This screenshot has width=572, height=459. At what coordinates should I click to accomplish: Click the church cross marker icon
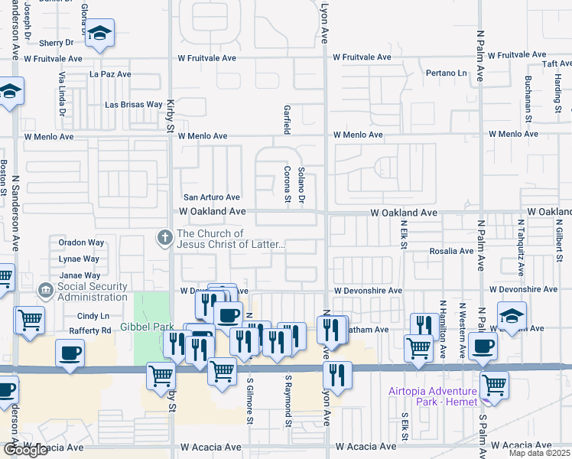click(163, 238)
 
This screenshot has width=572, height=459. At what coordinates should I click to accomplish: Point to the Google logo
click(24, 450)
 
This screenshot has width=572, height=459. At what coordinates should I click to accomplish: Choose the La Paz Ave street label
click(110, 74)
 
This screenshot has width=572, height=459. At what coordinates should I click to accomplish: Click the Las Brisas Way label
click(133, 104)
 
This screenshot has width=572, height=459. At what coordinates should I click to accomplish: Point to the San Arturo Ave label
click(211, 197)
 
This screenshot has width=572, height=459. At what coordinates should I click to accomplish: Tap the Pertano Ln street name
click(447, 73)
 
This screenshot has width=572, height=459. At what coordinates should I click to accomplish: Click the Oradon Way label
click(81, 243)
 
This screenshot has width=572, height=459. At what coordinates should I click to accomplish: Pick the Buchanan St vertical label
click(528, 99)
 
